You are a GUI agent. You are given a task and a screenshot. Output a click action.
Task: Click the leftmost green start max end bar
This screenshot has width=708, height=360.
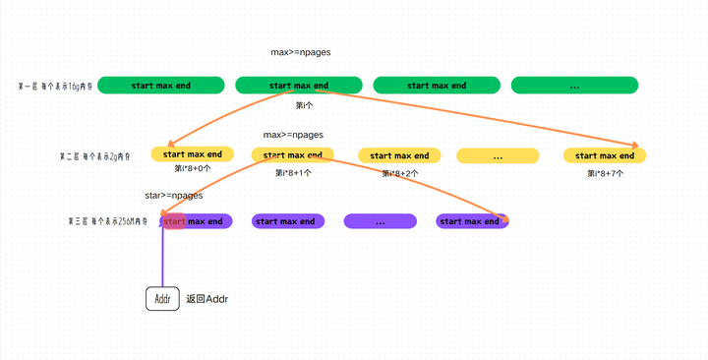tap(161, 86)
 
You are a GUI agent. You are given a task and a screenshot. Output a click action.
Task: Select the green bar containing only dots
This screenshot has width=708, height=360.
tap(574, 86)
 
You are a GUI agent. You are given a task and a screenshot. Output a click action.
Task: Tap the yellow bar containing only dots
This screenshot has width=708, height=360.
tap(498, 155)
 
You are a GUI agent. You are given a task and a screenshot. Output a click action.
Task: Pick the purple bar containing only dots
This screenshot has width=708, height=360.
tap(381, 221)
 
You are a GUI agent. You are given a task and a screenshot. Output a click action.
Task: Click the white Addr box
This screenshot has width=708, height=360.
tap(162, 298)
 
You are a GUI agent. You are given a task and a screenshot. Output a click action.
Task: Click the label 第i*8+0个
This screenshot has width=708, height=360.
tap(192, 169)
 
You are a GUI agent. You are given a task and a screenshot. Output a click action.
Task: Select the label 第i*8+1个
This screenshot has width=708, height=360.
tap(293, 172)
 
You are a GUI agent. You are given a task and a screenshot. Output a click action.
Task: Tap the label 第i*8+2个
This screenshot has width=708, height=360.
tap(399, 172)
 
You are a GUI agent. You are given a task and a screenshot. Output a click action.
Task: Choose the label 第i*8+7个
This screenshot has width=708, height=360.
tap(605, 172)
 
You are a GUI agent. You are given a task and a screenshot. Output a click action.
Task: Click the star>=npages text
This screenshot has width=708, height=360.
tap(173, 195)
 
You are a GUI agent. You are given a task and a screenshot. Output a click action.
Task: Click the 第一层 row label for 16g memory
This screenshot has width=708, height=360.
tap(56, 87)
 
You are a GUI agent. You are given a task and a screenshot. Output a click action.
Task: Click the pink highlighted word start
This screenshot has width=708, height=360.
tap(174, 221)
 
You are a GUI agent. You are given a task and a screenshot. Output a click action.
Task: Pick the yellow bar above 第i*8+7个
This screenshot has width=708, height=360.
tap(605, 155)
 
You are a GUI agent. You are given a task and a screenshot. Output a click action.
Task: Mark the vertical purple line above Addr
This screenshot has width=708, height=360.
tap(162, 258)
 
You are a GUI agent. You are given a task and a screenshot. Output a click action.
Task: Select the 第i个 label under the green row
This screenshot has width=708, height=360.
tap(305, 104)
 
